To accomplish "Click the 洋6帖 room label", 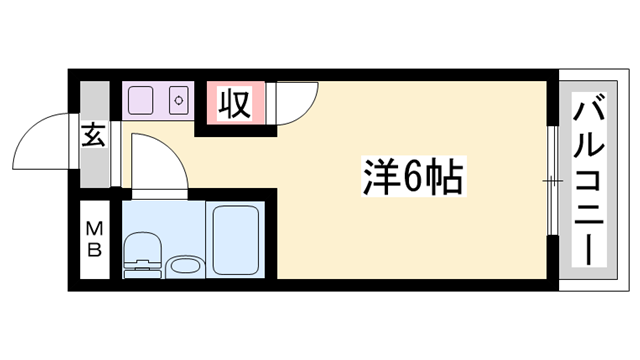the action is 413,176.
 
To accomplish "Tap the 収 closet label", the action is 235,103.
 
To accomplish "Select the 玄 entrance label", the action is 93,135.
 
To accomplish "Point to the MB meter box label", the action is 94,239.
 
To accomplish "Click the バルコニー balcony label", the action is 589,180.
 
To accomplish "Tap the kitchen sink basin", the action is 141,100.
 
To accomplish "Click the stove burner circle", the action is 179,100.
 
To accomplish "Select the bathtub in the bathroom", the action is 236,240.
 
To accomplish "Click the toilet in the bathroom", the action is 142,255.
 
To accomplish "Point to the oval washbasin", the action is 186,267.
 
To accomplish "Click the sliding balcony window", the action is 553,180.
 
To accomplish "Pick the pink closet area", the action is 236,103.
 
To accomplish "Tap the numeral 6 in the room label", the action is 412,177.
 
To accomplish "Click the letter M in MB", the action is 94,229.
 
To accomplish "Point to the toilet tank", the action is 142,270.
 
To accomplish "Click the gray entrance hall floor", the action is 94,134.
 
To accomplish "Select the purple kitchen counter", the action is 158,101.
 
